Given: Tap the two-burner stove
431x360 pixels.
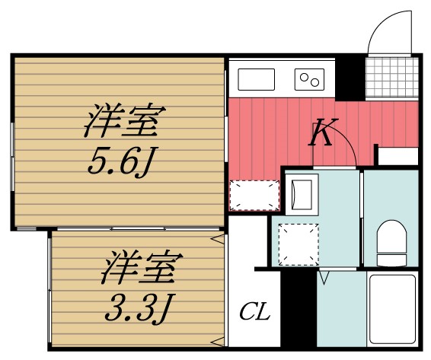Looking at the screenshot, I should pyautogui.click(x=309, y=77).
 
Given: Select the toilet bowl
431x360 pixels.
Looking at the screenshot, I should pyautogui.click(x=393, y=240).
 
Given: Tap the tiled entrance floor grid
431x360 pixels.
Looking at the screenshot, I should pyautogui.click(x=392, y=76).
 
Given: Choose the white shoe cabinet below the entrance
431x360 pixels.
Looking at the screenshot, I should pyautogui.click(x=397, y=156).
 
